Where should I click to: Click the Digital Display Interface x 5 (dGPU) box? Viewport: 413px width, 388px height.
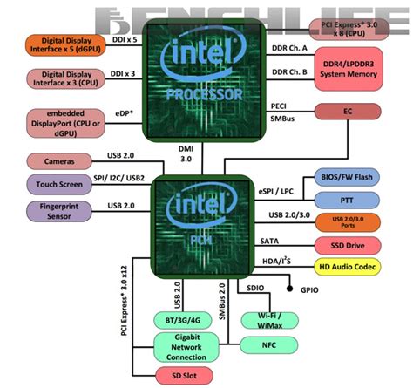tap(64, 45)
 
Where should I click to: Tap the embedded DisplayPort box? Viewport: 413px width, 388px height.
tap(64, 124)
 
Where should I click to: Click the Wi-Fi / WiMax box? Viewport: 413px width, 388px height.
tap(267, 320)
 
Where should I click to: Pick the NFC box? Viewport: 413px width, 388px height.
tap(267, 345)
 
